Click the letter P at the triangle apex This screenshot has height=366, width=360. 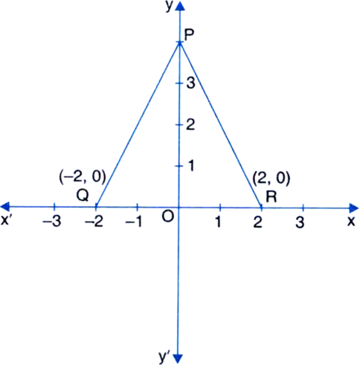pyautogui.click(x=189, y=36)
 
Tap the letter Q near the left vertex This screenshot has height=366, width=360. pyautogui.click(x=83, y=196)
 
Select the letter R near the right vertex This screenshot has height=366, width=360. pyautogui.click(x=271, y=197)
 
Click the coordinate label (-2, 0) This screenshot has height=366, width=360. pyautogui.click(x=83, y=177)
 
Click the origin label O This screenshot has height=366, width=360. pyautogui.click(x=168, y=217)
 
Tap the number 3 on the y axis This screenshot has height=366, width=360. pyautogui.click(x=191, y=83)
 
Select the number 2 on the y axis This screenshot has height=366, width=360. pyautogui.click(x=190, y=124)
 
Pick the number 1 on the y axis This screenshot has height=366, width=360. pyautogui.click(x=191, y=166)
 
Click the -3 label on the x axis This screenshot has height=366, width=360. pyautogui.click(x=52, y=222)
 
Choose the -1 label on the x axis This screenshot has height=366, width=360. pyautogui.click(x=134, y=222)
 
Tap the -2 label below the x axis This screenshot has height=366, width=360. pyautogui.click(x=94, y=222)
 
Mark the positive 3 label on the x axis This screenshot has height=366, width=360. pyautogui.click(x=300, y=222)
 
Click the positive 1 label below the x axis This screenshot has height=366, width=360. pyautogui.click(x=218, y=222)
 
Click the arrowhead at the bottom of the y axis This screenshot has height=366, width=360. pyautogui.click(x=178, y=359)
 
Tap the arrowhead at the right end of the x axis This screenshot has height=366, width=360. pyautogui.click(x=354, y=208)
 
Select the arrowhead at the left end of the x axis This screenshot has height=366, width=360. pyautogui.click(x=5, y=207)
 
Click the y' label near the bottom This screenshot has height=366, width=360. pyautogui.click(x=164, y=356)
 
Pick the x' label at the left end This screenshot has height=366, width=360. pyautogui.click(x=6, y=220)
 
